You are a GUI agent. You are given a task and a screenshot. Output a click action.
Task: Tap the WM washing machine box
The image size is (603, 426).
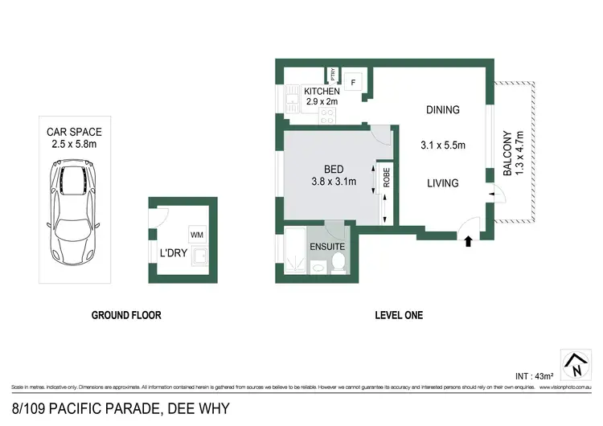pos(196,235)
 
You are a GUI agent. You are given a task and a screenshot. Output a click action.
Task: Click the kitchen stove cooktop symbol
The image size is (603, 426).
pos(328,115)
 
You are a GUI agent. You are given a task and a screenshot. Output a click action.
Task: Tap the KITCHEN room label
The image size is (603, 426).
pos(322,92)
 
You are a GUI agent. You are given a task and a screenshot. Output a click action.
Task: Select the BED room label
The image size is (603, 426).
pos(334,169)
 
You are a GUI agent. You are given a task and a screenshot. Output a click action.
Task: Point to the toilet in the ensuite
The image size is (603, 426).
pos(338,261)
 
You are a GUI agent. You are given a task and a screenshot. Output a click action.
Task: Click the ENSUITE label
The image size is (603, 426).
pos(327,246)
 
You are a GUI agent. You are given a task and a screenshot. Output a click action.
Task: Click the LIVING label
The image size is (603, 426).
pos(442,183)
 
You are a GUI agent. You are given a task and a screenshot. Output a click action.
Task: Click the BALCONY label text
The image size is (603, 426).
pos(508,155)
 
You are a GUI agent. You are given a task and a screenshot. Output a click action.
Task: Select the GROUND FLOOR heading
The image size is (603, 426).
pos(126,315)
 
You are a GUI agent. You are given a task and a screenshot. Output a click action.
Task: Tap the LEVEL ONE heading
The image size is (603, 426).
pos(400,315)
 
